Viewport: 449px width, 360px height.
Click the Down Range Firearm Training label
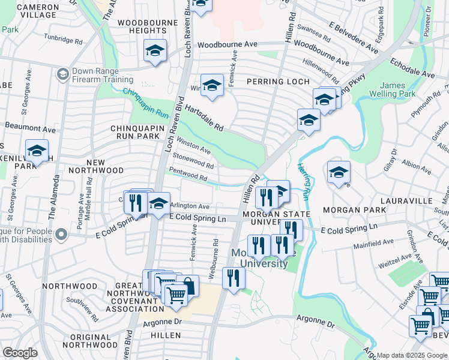(x=102, y=75)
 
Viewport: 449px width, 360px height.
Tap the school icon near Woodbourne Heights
(x=155, y=52)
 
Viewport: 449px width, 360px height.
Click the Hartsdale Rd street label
(x=204, y=119)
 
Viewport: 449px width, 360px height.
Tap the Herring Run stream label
(x=304, y=181)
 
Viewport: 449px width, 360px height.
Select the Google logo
(x=20, y=352)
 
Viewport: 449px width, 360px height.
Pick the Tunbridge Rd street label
(x=63, y=40)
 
